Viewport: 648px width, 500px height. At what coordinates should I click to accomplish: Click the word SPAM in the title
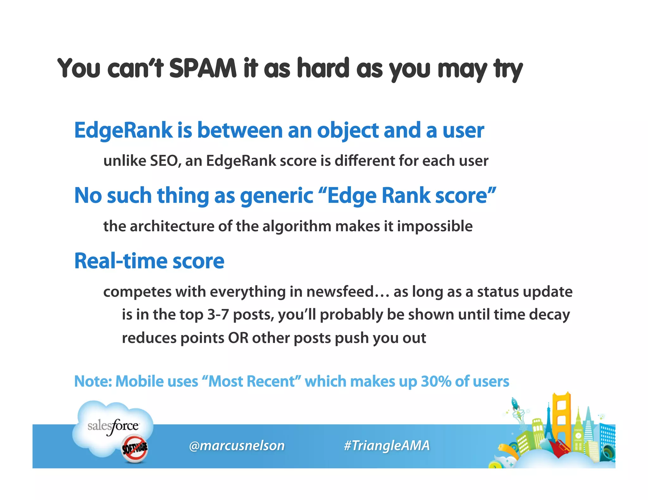pyautogui.click(x=203, y=68)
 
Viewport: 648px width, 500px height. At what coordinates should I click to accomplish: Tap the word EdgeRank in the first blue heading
pyautogui.click(x=123, y=130)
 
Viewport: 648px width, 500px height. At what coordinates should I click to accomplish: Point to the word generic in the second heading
pyautogui.click(x=277, y=196)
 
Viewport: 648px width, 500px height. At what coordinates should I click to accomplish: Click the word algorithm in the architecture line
pyautogui.click(x=296, y=226)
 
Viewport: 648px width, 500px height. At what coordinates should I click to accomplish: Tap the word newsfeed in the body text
pyautogui.click(x=340, y=292)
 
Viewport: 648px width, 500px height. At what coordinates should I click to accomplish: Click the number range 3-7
pyautogui.click(x=218, y=315)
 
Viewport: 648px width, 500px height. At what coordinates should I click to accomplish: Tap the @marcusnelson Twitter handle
pyautogui.click(x=237, y=446)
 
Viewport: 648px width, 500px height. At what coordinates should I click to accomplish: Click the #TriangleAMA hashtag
pyautogui.click(x=387, y=446)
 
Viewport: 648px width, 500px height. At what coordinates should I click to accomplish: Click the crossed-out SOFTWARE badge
pyautogui.click(x=135, y=448)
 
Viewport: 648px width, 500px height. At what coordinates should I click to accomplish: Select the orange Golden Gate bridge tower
pyautogui.click(x=562, y=417)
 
